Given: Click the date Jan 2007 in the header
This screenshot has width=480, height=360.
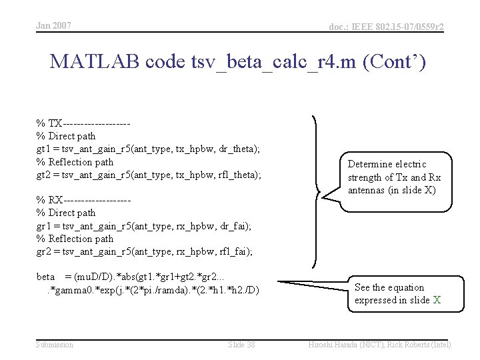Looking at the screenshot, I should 53,26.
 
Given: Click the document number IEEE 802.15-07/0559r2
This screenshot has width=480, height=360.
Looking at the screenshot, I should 386,27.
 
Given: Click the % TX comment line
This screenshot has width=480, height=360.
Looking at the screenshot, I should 83,123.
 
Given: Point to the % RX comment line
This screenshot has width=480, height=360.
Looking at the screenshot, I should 83,200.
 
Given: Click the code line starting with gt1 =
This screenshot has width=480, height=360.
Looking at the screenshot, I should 147,149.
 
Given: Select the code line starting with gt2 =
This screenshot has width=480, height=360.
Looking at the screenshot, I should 148,175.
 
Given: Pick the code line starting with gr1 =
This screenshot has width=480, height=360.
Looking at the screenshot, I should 143,225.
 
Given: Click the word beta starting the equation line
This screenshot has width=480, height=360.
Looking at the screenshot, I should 45,277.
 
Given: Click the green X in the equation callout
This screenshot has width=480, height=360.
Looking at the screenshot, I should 437,300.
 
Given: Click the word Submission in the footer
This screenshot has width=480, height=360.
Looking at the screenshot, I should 55,344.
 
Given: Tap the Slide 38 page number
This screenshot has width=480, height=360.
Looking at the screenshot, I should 241,344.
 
